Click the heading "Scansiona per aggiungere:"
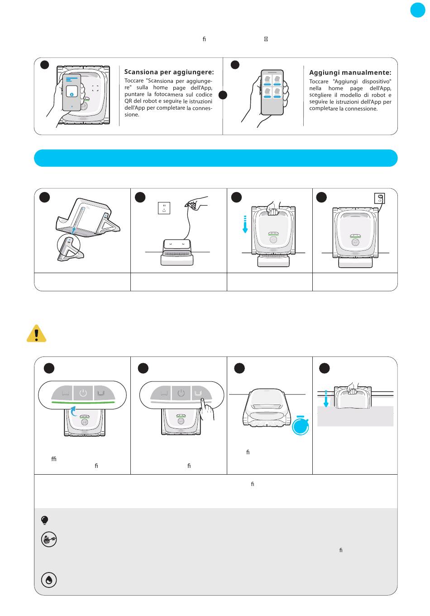point(169,72)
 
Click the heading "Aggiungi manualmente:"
point(350,72)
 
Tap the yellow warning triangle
point(37,333)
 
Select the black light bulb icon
point(44,520)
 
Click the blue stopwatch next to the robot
point(300,425)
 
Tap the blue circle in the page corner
point(418,10)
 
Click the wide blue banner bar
point(216,158)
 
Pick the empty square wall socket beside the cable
point(164,208)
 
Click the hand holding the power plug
point(196,203)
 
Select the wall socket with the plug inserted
point(379,198)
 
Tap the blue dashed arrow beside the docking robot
point(245,224)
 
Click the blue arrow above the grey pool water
point(326,399)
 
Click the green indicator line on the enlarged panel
point(83,402)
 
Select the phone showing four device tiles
point(272,92)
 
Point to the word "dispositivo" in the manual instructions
point(377,82)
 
